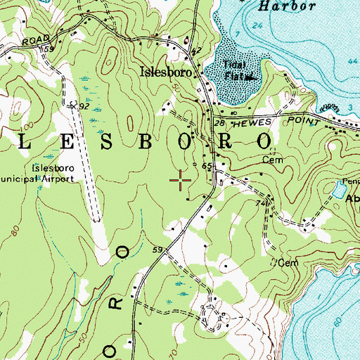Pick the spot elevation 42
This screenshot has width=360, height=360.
[x=196, y=50]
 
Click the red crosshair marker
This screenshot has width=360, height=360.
[x=181, y=181]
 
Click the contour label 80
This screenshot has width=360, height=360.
[x=15, y=230]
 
